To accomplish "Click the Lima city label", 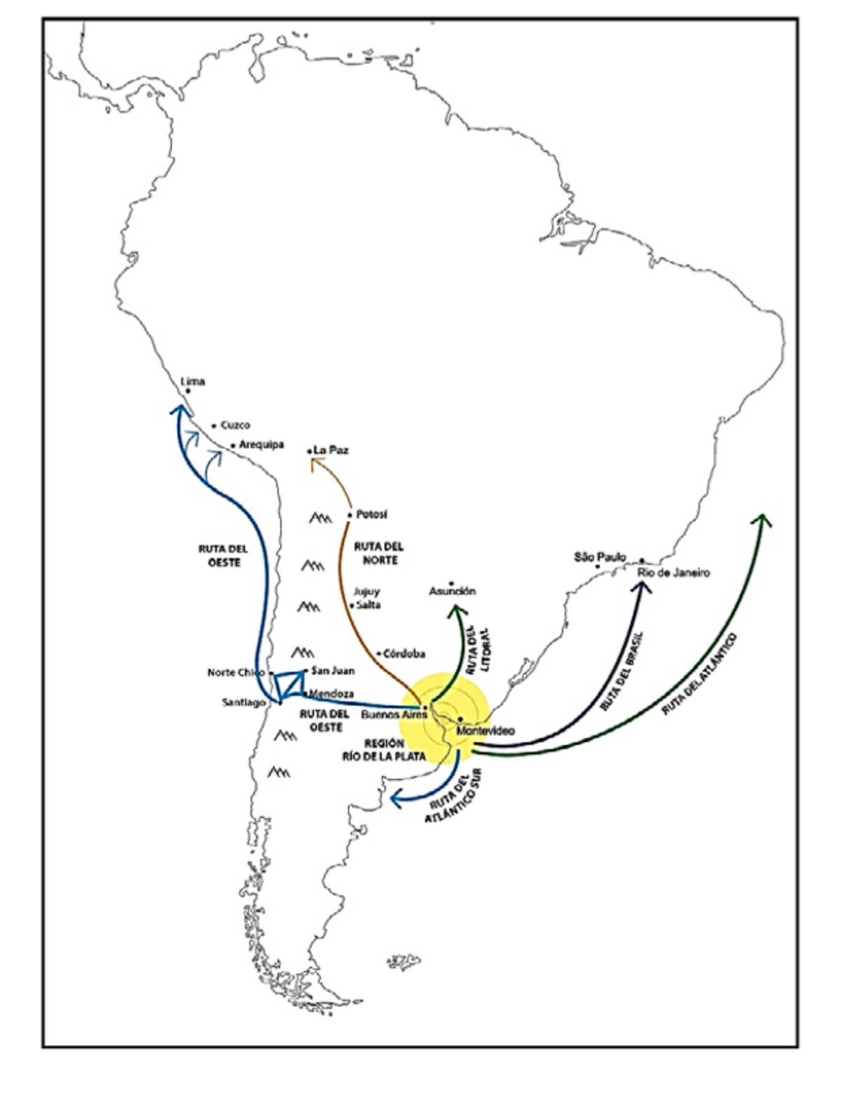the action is (x=193, y=382).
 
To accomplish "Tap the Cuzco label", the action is (x=235, y=425).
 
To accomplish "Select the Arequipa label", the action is (x=261, y=445).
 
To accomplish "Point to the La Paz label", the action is (x=331, y=450).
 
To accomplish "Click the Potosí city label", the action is (x=371, y=514).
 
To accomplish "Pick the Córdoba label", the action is (x=404, y=653).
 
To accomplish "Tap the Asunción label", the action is (x=453, y=591).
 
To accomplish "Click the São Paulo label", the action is (x=600, y=557).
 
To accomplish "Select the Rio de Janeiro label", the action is (x=674, y=573).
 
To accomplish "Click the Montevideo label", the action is (x=485, y=731).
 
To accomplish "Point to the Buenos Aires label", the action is (x=394, y=715).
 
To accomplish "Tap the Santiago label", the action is (x=243, y=702).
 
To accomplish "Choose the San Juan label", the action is (x=333, y=670).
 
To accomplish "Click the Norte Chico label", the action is (x=236, y=672).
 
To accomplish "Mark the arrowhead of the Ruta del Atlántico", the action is (x=761, y=519).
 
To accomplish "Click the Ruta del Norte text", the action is (x=379, y=553).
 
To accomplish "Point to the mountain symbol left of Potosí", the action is (x=320, y=519).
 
